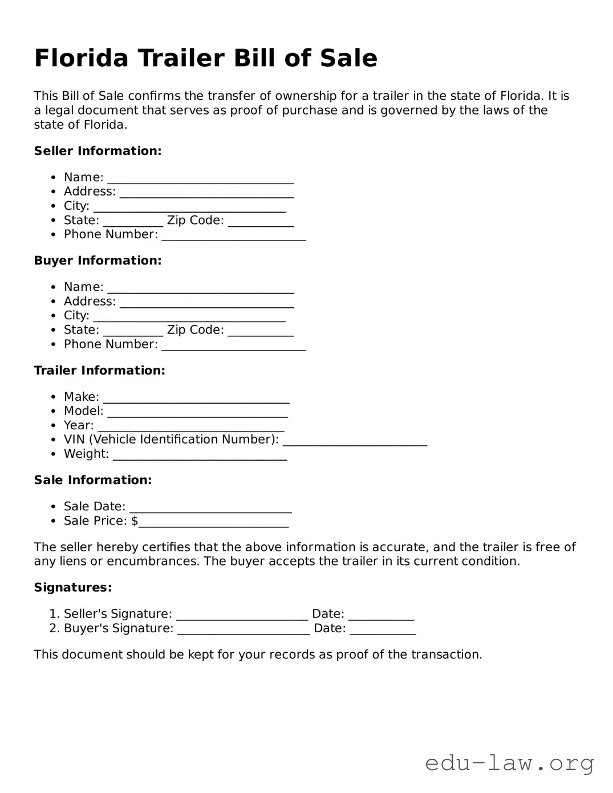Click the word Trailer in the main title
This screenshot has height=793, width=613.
180,58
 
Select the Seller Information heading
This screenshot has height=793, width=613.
98,151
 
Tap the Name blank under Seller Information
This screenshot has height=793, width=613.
201,178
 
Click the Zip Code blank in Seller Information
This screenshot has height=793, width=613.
261,221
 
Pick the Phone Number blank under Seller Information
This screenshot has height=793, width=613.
234,235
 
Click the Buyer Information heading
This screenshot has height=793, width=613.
98,261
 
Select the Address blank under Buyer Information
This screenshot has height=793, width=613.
206,302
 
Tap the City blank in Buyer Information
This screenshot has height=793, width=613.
189,316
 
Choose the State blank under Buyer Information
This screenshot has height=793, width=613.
133,331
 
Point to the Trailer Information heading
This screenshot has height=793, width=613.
99,371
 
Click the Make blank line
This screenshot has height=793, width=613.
196,398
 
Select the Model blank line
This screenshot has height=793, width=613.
197,412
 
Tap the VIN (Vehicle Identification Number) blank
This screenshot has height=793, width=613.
355,441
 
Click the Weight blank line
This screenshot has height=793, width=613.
200,455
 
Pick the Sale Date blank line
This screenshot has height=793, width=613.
210,507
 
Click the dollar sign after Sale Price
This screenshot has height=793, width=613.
135,521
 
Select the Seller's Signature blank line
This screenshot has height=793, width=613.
242,615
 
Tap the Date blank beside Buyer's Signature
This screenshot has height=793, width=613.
383,629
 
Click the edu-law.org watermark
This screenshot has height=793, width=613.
509,763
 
